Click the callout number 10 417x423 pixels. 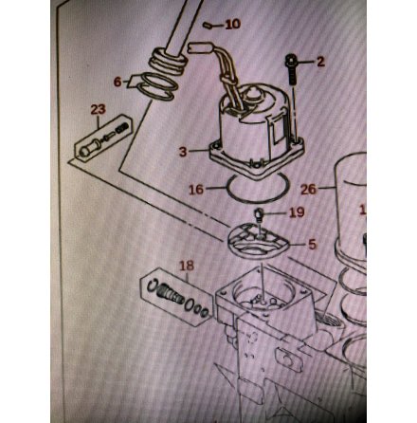tap(232, 23)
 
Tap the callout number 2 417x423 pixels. tap(319, 63)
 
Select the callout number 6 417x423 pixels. tap(118, 82)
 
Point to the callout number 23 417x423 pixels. tap(99, 110)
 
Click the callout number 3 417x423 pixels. tap(184, 150)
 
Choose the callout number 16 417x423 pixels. tap(196, 189)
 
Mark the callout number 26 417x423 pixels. tap(309, 189)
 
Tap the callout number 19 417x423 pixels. tap(296, 212)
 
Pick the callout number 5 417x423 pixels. tap(311, 244)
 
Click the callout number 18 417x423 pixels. tap(187, 266)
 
